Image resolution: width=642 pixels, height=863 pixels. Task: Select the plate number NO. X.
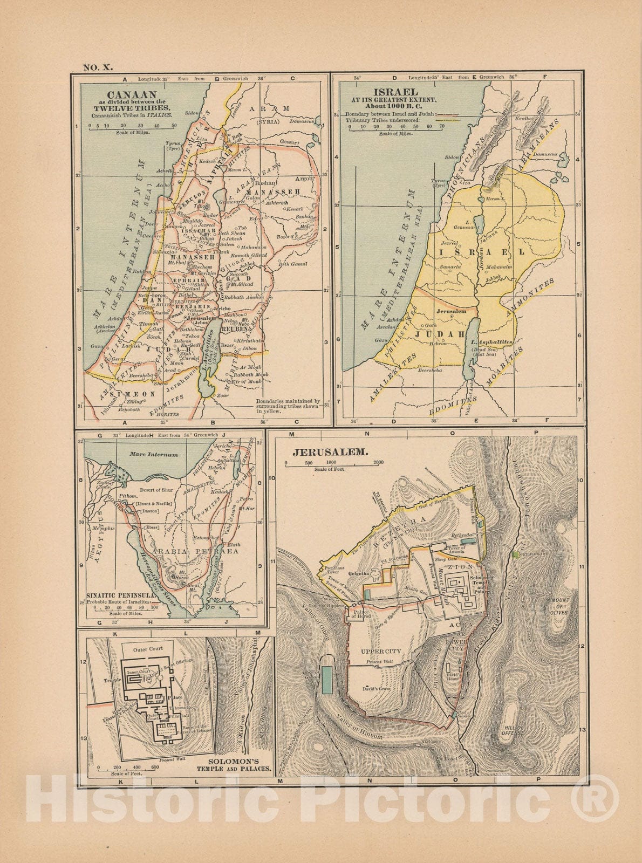click(97, 67)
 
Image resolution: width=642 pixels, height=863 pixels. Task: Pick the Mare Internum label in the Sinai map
click(154, 455)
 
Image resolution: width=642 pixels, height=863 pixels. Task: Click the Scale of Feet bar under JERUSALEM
click(334, 463)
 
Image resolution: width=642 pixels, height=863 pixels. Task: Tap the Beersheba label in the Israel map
click(431, 371)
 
